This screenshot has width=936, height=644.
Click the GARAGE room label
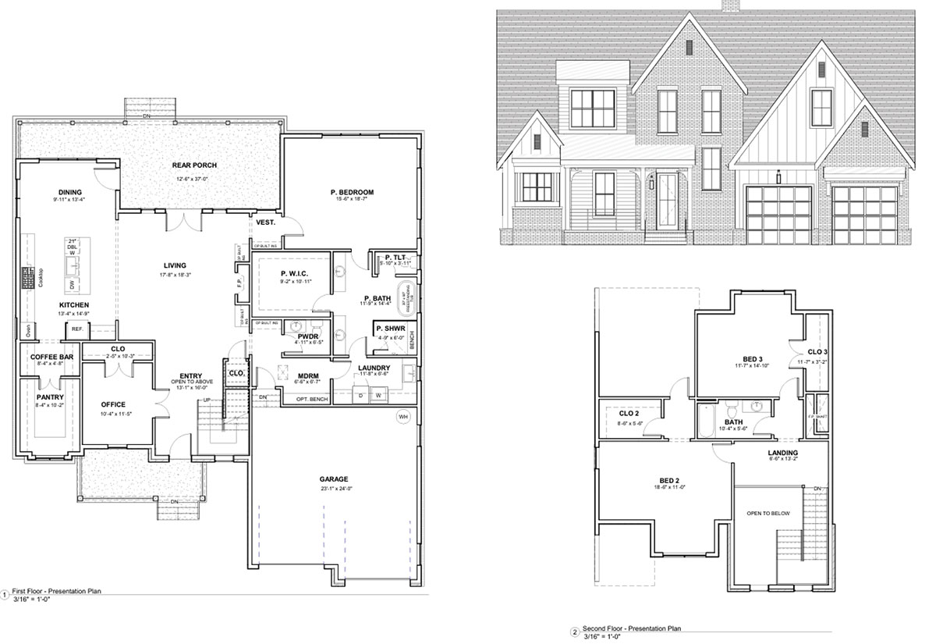pyautogui.click(x=333, y=479)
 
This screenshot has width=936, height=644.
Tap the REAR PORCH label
pyautogui.click(x=194, y=165)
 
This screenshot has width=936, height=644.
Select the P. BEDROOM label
pyautogui.click(x=352, y=192)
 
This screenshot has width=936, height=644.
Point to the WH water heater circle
pyautogui.click(x=402, y=415)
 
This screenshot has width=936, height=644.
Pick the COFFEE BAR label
pyautogui.click(x=51, y=356)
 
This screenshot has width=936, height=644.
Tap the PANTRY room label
pyautogui.click(x=48, y=396)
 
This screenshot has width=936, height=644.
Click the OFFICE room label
pyautogui.click(x=113, y=404)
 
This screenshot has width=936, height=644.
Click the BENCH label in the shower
pyautogui.click(x=411, y=340)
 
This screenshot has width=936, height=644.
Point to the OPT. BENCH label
pyautogui.click(x=311, y=399)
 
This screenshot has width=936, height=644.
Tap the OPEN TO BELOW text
pyautogui.click(x=768, y=513)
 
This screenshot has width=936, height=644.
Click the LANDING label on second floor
pyautogui.click(x=782, y=453)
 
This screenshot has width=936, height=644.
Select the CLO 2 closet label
pyautogui.click(x=629, y=415)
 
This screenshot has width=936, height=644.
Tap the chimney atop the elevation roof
pyautogui.click(x=731, y=6)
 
